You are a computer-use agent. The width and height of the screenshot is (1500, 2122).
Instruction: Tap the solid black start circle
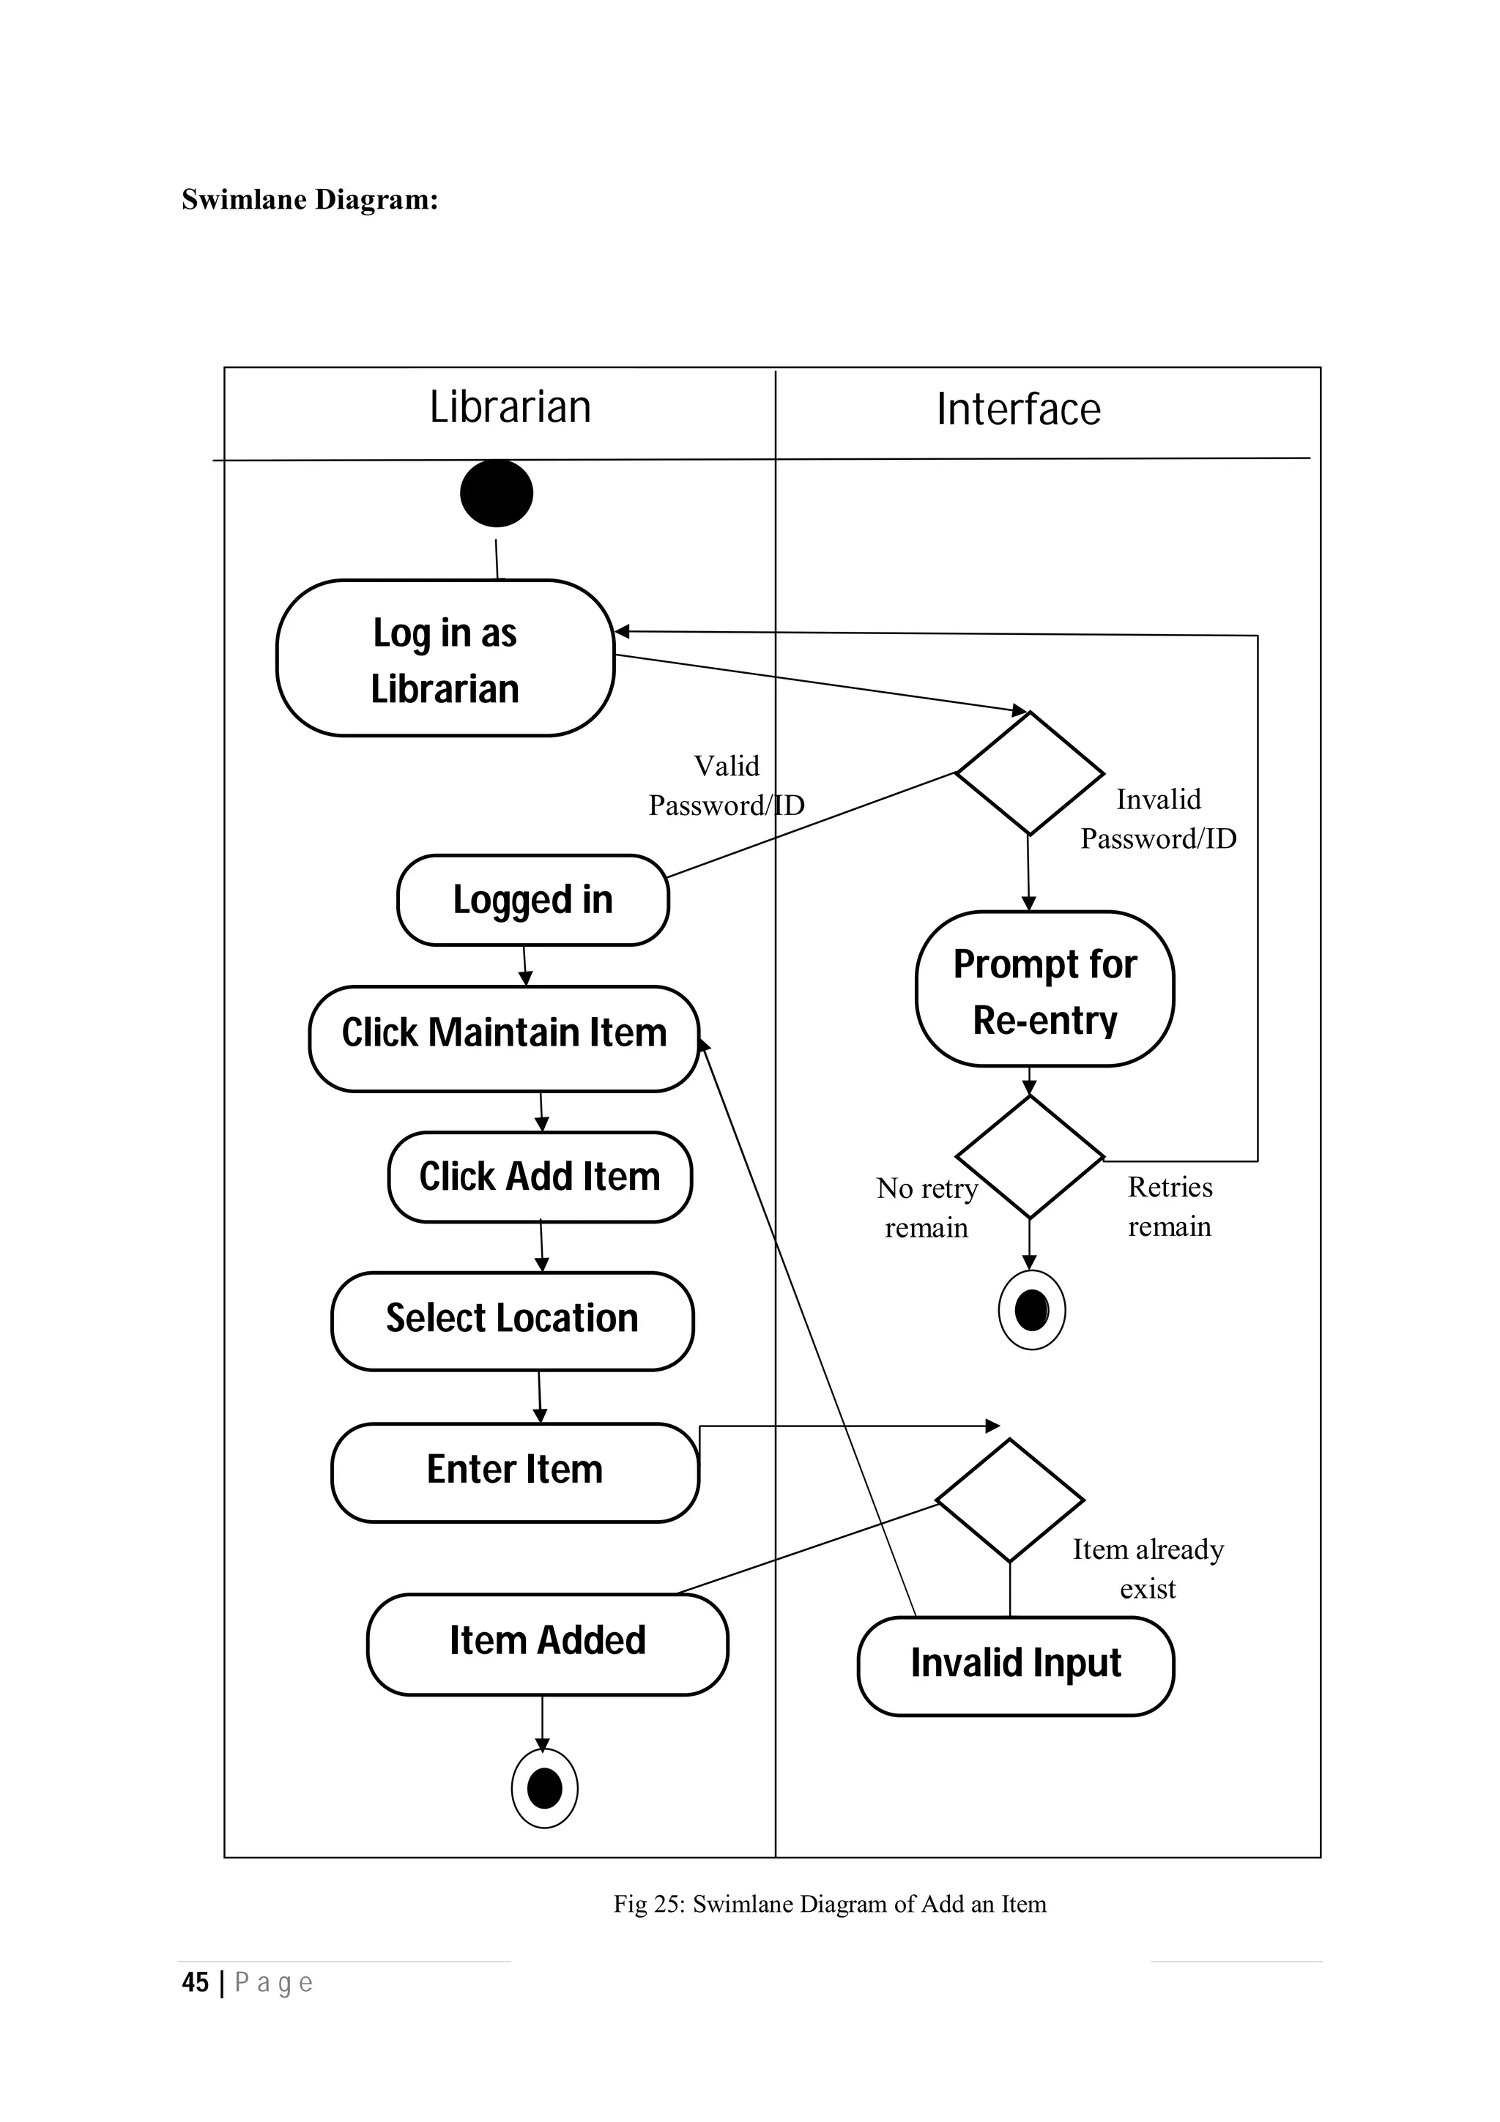pos(497,493)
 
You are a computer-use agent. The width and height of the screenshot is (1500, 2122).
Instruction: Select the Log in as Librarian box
pos(445,658)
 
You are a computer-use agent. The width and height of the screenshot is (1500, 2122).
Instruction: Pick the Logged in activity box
pos(532,899)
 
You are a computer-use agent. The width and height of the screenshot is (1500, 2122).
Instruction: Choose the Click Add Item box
pos(540,1177)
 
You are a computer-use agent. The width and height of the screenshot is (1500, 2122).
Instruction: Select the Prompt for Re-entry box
pos(1044,989)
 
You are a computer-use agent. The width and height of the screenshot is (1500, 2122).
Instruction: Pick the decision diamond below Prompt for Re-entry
pos(1030,1157)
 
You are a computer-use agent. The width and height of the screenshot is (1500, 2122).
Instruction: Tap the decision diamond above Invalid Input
pos(1009,1500)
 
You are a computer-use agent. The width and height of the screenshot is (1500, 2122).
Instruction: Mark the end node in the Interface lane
pos(1031,1310)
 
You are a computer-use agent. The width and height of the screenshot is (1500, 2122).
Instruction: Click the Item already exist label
pos(1148,1568)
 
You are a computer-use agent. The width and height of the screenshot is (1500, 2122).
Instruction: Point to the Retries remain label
pos(1169,1206)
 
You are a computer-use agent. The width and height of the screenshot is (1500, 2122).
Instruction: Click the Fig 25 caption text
pos(829,1904)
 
